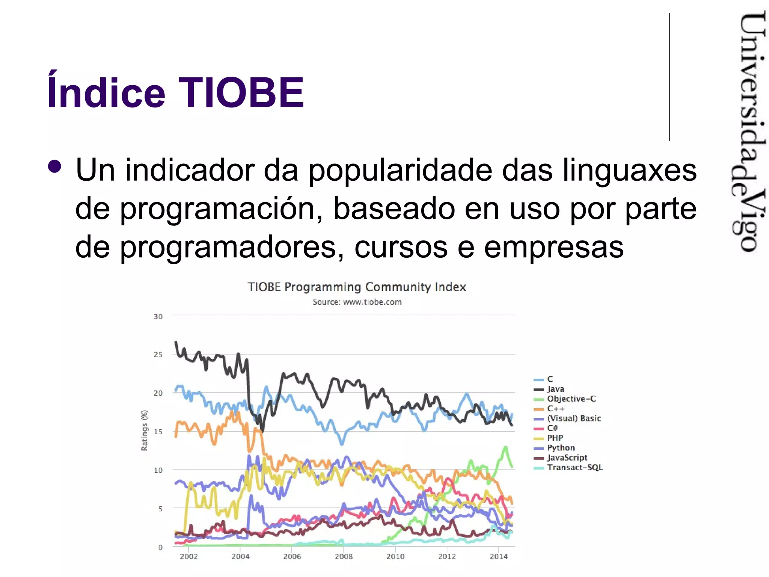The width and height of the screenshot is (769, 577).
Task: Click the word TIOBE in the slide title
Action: tap(241, 92)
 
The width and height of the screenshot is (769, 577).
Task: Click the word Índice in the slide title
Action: tap(106, 92)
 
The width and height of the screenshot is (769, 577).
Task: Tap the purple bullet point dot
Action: tap(55, 166)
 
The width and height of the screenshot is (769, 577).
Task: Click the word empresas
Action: tap(553, 247)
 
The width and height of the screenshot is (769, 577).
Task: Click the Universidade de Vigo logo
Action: tap(748, 131)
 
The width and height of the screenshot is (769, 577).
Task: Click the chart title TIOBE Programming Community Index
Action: tap(357, 287)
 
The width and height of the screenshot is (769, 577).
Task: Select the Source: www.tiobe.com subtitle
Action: tap(357, 302)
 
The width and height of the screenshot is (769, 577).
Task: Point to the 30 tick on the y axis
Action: tap(158, 317)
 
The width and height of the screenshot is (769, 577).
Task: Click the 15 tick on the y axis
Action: tap(158, 432)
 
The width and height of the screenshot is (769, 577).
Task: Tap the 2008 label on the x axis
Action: tap(344, 557)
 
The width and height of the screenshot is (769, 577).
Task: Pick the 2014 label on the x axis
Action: tap(498, 557)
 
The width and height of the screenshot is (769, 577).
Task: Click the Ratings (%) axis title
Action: tap(145, 430)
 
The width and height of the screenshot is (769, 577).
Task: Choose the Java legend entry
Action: tap(555, 389)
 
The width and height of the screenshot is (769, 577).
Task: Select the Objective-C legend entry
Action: tap(571, 399)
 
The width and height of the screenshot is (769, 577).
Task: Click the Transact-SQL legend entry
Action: tap(574, 468)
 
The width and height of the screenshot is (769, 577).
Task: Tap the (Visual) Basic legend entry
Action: tap(573, 418)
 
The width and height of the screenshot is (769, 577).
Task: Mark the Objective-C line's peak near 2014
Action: tap(505, 447)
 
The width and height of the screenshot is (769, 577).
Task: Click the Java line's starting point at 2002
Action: tap(176, 343)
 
